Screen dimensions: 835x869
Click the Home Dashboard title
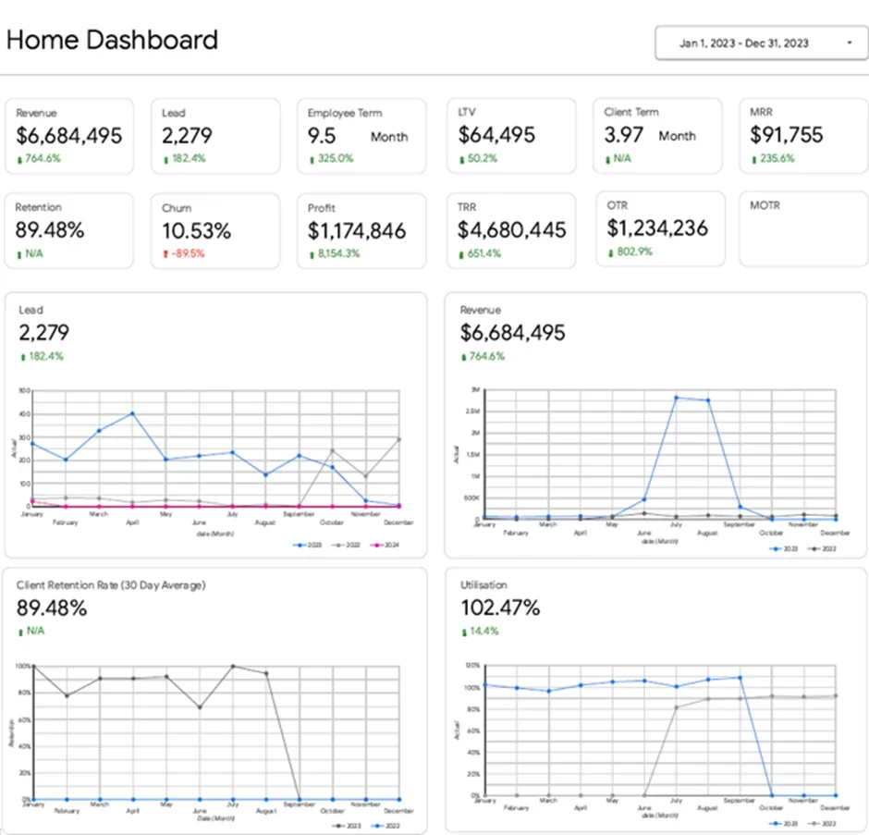112,40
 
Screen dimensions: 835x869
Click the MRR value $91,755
787,135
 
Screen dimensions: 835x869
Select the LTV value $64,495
496,135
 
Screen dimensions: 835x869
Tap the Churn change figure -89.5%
188,253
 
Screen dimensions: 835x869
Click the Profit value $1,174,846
357,230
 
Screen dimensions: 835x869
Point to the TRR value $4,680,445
512,229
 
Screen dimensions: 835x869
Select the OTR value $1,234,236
657,227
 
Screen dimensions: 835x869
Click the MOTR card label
765,205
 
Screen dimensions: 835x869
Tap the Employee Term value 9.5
322,136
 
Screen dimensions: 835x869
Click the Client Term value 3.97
624,135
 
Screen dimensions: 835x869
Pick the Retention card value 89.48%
50,230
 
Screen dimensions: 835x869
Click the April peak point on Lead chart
132,413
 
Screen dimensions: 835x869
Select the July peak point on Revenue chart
676,398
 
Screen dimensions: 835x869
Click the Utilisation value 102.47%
500,608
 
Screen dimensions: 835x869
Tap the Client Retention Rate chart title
111,585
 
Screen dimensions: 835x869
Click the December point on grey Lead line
399,439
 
